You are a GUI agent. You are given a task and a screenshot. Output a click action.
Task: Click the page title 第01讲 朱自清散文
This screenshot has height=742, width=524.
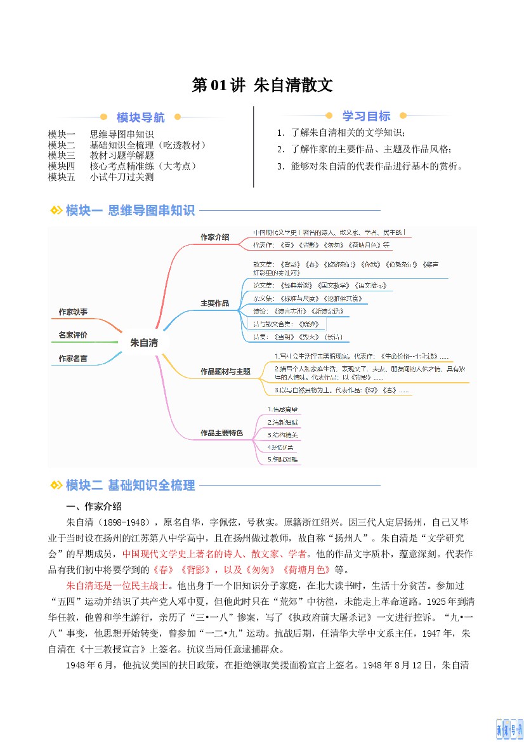tap(262, 86)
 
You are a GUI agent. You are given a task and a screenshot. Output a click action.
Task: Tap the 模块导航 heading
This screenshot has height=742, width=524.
tap(140, 117)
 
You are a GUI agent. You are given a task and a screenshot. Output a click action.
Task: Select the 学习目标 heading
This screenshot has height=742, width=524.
tap(366, 116)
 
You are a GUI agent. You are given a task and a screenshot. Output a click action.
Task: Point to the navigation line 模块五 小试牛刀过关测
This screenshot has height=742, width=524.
tap(101, 177)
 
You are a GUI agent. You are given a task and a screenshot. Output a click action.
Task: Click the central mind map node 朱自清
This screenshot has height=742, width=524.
tap(143, 343)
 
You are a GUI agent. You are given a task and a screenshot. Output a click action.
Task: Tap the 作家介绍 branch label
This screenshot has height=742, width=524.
tap(214, 237)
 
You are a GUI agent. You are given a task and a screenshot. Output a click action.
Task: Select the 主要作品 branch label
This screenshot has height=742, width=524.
tap(214, 303)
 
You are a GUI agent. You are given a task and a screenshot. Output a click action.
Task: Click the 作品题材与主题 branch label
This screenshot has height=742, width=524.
tap(225, 371)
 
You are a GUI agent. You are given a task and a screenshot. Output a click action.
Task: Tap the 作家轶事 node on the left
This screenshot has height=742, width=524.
tap(73, 312)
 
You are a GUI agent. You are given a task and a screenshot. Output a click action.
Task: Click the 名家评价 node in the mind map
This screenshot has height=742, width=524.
tap(73, 335)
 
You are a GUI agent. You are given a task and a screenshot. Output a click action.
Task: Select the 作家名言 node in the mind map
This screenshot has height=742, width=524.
tap(73, 359)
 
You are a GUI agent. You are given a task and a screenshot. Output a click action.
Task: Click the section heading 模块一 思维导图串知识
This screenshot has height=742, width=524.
tap(130, 211)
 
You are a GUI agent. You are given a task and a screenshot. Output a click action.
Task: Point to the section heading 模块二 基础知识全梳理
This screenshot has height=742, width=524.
tap(130, 486)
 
